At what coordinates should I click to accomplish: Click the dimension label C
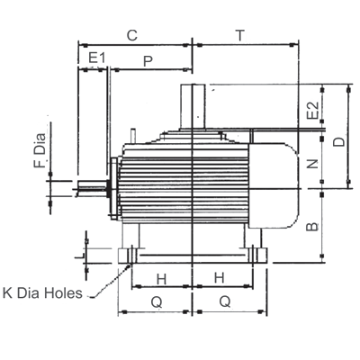coord(132,35)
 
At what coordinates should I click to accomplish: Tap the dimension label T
coord(240,35)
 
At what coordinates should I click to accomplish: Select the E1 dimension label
coord(97,58)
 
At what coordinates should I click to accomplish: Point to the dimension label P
coord(148,61)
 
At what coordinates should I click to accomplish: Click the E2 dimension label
coord(313,111)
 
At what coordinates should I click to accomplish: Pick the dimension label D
coord(339,141)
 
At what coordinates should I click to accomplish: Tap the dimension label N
coord(313,164)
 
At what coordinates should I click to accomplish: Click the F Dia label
coord(40,150)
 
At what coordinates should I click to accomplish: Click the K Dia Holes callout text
coord(42,293)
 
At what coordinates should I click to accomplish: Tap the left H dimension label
coord(161,280)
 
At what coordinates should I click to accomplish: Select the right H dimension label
coord(220,278)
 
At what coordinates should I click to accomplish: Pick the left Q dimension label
coord(157,302)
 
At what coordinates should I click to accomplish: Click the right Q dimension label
coord(225,301)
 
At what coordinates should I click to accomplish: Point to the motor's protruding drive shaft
coord(93,189)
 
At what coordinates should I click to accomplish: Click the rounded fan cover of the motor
coord(273,185)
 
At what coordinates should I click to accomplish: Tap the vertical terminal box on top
coord(193,106)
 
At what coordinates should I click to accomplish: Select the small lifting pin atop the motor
coord(133,136)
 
